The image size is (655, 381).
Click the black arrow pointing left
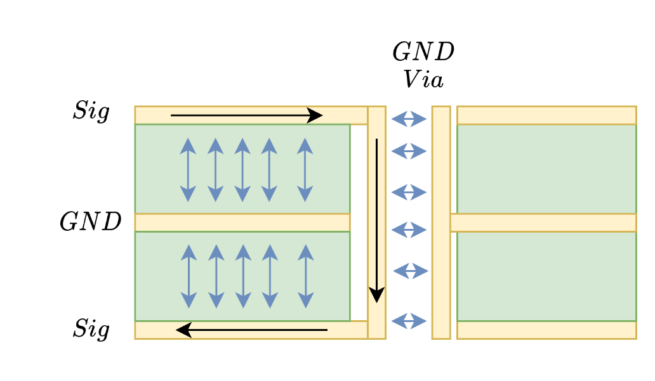[251, 330]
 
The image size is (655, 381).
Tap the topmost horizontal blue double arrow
[409, 119]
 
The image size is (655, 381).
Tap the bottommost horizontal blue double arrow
[409, 321]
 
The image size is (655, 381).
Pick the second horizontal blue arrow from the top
[409, 151]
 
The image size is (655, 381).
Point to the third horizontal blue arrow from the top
[409, 191]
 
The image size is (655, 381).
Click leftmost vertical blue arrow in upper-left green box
[188, 170]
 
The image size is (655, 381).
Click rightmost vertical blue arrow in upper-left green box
[305, 170]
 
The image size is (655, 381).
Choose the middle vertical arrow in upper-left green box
[242, 170]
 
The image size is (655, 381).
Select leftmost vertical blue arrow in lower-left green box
[189, 276]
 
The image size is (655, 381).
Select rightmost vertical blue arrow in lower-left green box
[306, 276]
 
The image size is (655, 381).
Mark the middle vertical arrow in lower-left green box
[243, 276]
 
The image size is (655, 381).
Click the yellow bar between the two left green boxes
[242, 223]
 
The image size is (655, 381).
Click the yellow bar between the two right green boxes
[543, 223]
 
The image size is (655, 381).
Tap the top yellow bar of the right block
[546, 115]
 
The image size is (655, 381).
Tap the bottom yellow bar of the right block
[546, 330]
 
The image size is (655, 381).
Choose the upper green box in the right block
[546, 169]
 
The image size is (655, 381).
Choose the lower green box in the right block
[546, 276]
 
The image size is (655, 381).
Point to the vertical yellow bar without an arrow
[441, 222]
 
